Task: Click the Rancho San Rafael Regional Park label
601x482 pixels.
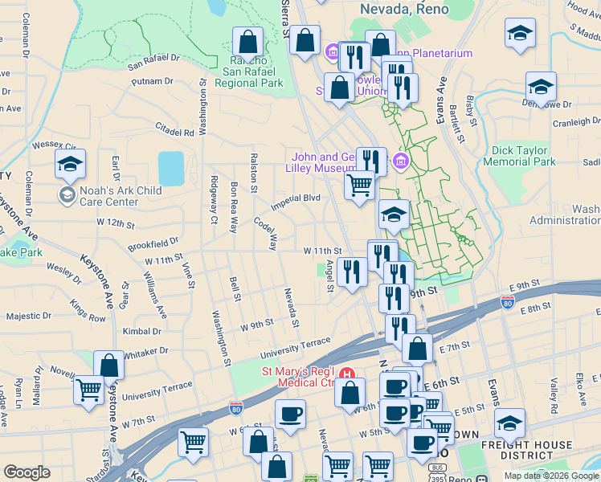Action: click(247, 71)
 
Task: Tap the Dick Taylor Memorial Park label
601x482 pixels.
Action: click(520, 155)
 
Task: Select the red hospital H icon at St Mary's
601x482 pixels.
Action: click(346, 374)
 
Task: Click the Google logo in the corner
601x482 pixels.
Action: click(27, 472)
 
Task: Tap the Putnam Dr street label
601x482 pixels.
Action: click(153, 81)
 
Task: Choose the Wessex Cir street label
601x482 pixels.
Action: click(54, 146)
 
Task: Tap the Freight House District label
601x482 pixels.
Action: click(526, 450)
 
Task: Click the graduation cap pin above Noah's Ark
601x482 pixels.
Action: click(70, 165)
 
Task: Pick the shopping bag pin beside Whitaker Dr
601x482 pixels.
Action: click(108, 366)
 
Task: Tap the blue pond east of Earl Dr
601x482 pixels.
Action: click(171, 168)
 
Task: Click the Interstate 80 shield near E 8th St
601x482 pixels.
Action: click(507, 302)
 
